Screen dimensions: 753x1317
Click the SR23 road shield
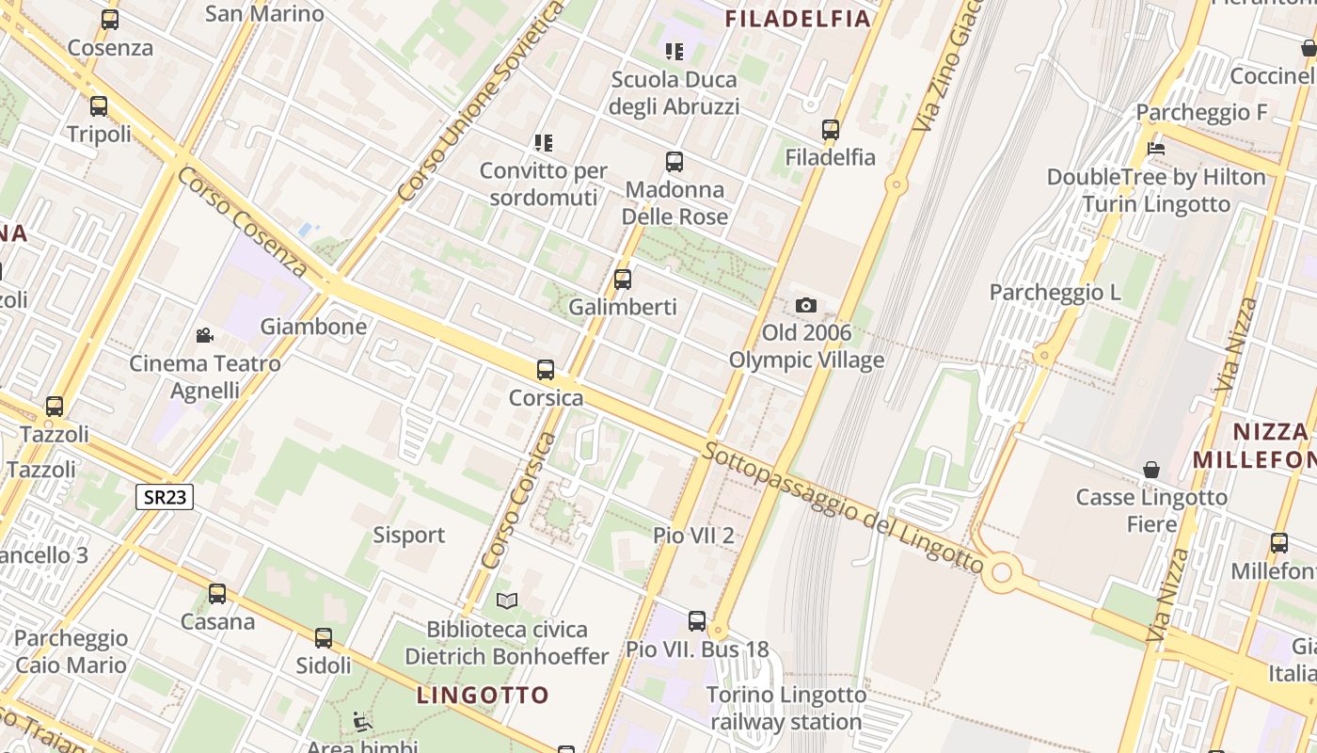tap(165, 497)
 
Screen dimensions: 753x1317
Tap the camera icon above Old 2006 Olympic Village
tap(806, 305)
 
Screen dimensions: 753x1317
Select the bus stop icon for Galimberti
tap(622, 279)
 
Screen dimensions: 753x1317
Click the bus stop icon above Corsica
tap(545, 370)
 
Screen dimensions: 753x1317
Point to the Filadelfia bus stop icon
tap(830, 130)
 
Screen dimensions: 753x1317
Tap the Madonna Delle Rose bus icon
tap(674, 162)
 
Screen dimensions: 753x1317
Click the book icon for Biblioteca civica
tap(507, 601)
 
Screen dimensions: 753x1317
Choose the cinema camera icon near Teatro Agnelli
tap(204, 335)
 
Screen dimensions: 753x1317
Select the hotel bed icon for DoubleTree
tap(1156, 149)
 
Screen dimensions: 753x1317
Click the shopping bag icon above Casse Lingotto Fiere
tap(1150, 469)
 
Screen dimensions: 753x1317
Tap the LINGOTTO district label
tap(483, 696)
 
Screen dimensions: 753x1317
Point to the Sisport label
tap(408, 536)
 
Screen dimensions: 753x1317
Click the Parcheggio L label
tap(1055, 293)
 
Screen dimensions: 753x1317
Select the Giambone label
tap(313, 327)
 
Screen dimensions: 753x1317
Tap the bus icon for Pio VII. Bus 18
tap(696, 621)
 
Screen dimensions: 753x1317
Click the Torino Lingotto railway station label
tap(786, 709)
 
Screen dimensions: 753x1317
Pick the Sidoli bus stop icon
tap(324, 638)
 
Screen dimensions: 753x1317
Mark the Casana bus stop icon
tap(217, 594)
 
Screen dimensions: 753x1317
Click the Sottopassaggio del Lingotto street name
tap(842, 506)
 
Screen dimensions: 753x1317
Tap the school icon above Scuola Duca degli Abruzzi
tap(674, 51)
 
